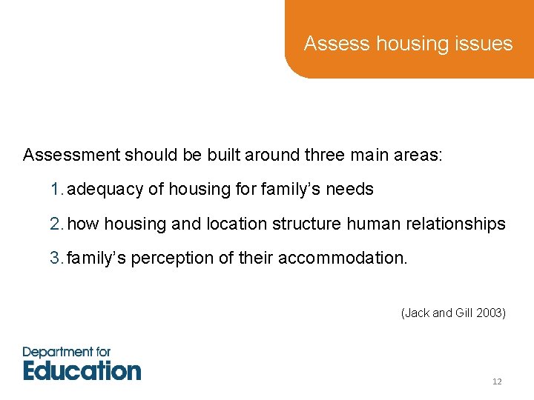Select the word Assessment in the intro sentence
tap(71, 155)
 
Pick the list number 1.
tap(56, 190)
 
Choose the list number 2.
tap(56, 224)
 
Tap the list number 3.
tap(56, 259)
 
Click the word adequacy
tap(106, 190)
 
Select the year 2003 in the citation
tap(490, 313)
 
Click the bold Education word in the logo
tap(82, 370)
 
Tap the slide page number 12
tap(497, 381)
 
